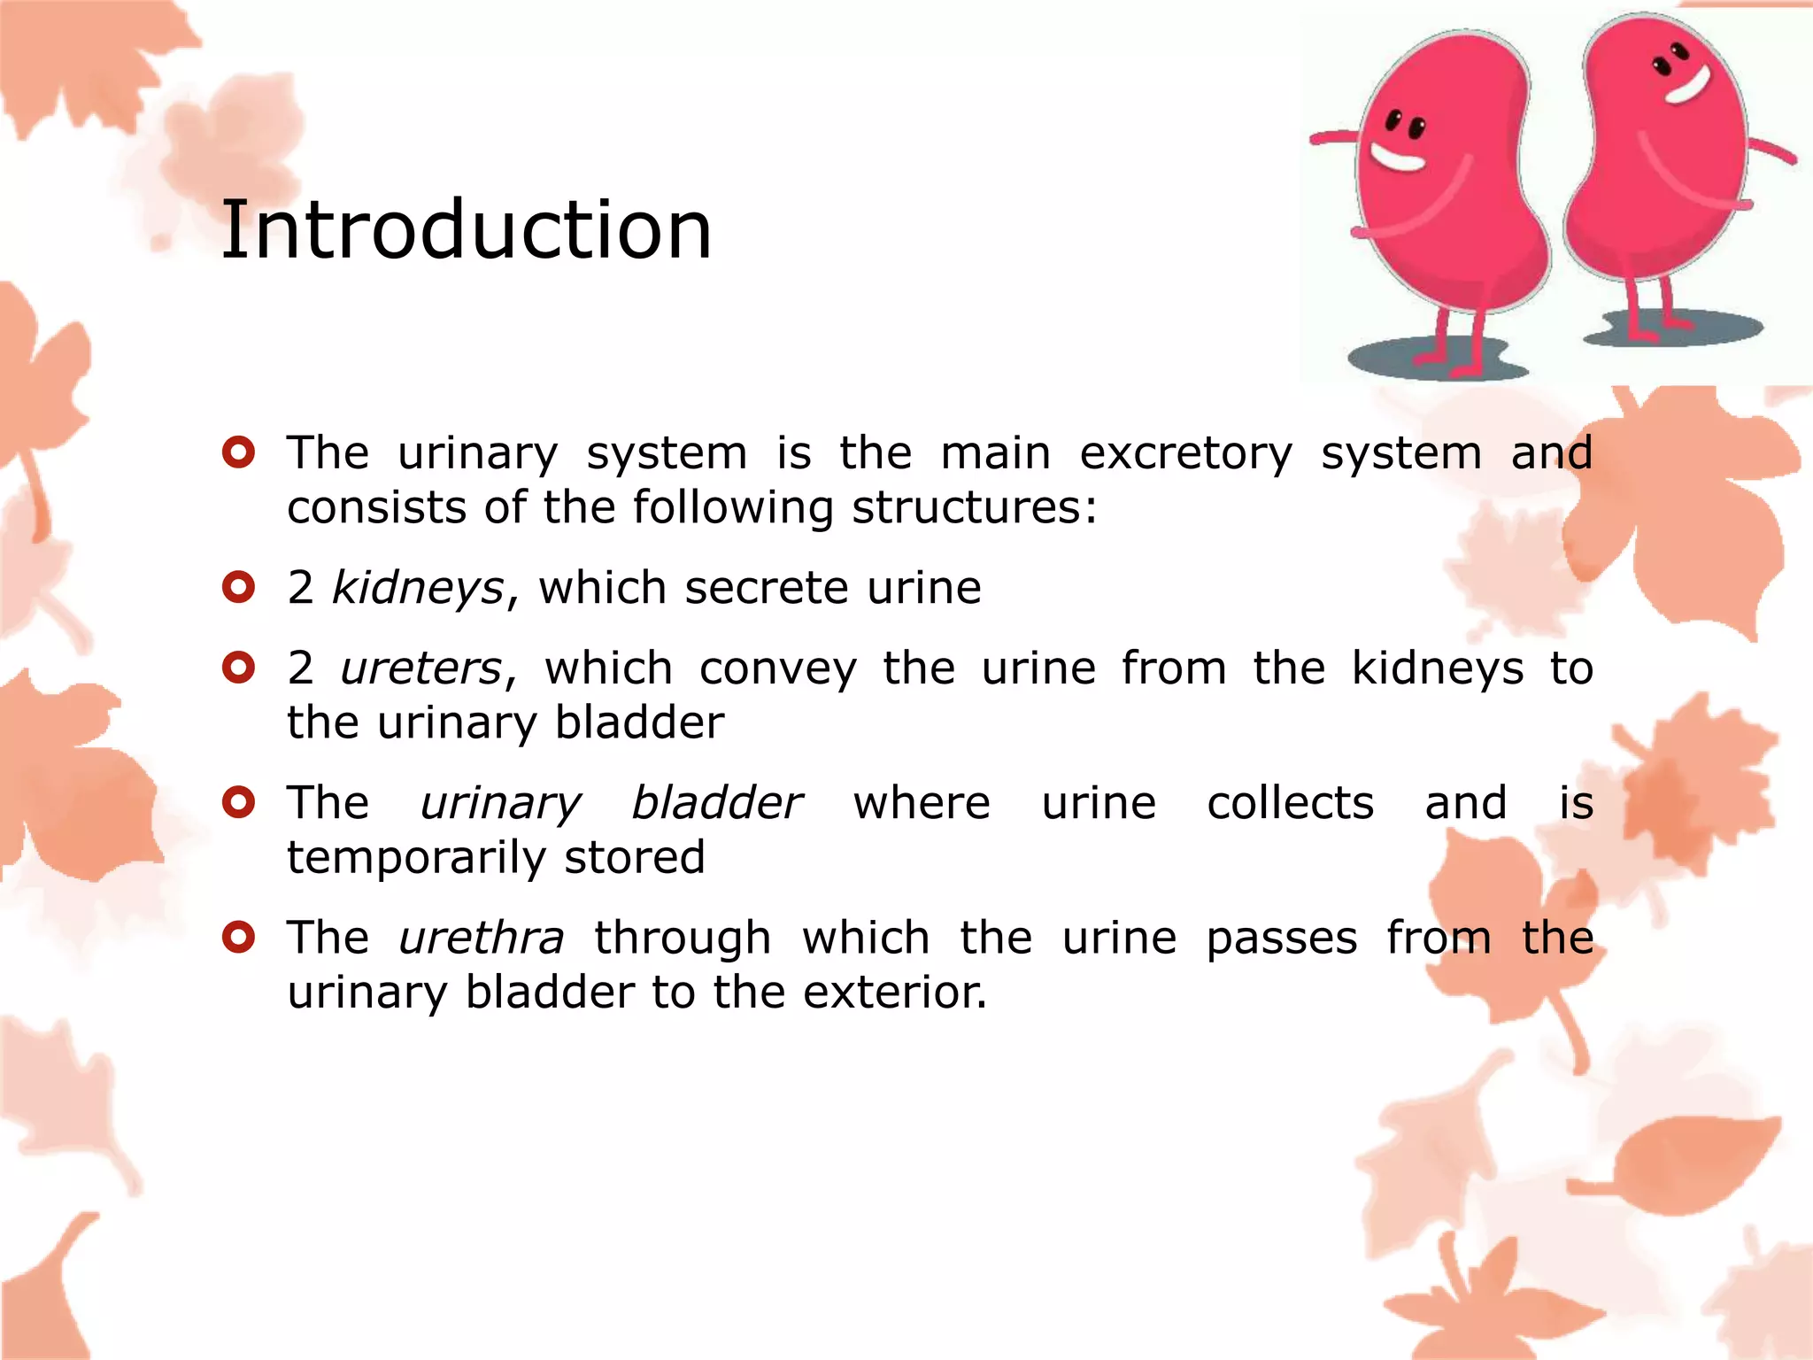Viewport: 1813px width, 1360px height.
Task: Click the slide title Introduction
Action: pos(466,230)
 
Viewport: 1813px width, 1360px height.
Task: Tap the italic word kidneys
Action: pos(418,589)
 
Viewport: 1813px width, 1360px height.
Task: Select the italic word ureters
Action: pos(421,669)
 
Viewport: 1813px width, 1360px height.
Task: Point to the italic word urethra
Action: pos(481,939)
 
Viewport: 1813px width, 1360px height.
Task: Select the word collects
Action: pos(1290,804)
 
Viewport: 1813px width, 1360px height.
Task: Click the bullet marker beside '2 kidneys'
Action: pos(239,587)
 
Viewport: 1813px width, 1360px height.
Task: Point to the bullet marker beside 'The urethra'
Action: pos(239,936)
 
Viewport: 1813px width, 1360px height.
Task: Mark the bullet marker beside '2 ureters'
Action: pos(239,668)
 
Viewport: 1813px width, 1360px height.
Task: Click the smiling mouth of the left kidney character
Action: pos(1397,159)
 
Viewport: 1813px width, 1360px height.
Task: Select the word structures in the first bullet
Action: pos(974,508)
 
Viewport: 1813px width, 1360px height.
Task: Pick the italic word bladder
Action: pos(716,804)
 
